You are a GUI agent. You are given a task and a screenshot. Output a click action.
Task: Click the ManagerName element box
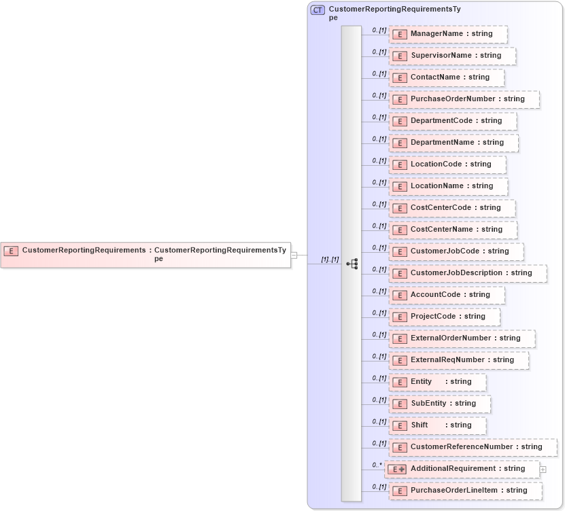(447, 34)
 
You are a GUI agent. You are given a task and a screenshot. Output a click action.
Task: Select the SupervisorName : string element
(451, 56)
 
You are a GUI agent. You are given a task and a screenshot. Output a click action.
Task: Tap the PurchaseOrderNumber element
(464, 99)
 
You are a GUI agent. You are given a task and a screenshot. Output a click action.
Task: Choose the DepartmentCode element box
(452, 121)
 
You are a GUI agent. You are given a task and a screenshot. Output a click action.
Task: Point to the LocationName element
(447, 186)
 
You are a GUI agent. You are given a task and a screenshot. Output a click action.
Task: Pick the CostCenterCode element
(451, 208)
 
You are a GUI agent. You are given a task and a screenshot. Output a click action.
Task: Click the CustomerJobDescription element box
(467, 273)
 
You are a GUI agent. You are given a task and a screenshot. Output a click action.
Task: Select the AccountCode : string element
(446, 295)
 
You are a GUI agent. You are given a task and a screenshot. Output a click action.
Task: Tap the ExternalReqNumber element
(458, 360)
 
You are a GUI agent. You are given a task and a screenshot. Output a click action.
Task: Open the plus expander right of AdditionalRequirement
(543, 470)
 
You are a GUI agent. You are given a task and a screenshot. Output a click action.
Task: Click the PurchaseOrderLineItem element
(465, 491)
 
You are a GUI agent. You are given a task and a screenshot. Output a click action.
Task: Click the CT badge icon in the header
(318, 10)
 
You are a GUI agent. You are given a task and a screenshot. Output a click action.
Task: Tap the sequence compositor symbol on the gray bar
(352, 264)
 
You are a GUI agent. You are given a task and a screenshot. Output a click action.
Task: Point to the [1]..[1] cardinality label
(330, 260)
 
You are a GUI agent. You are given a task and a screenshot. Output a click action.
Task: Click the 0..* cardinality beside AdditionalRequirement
(377, 465)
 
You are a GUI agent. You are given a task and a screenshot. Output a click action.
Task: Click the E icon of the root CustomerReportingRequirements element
(11, 251)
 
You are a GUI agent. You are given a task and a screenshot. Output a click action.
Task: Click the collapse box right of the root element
(294, 255)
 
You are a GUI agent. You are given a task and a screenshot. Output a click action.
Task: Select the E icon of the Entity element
(400, 383)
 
